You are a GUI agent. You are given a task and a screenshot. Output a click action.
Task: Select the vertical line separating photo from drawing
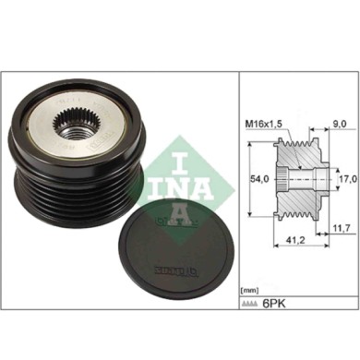pyautogui.click(x=234, y=185)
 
